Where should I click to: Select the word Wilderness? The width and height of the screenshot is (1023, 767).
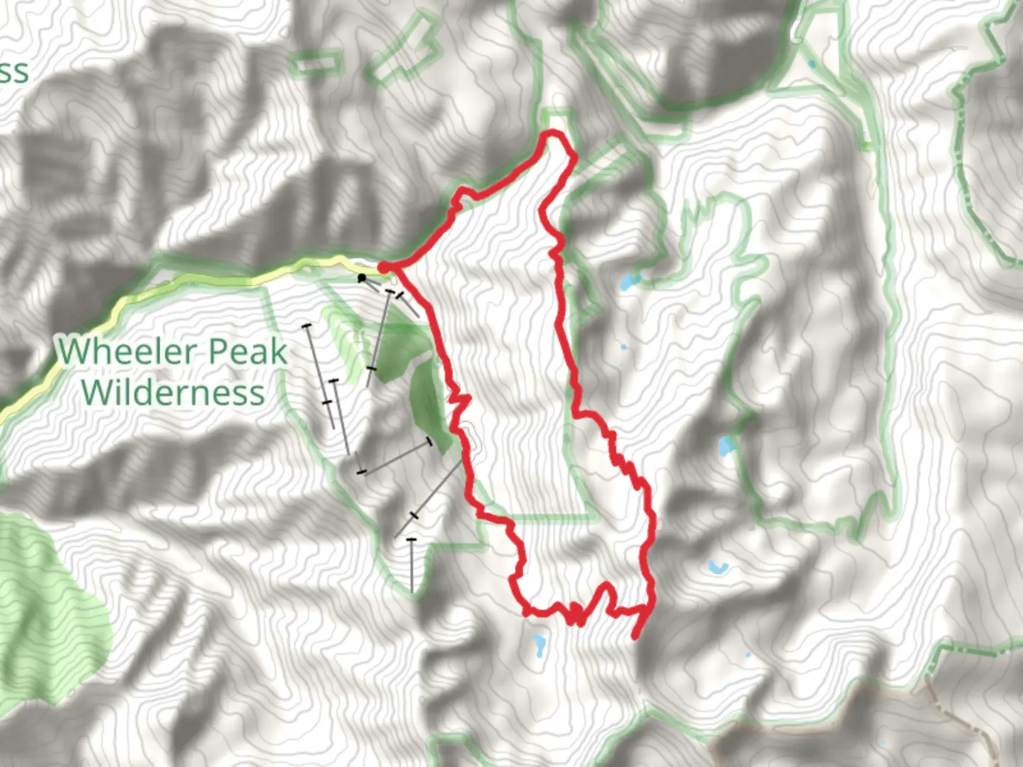(173, 393)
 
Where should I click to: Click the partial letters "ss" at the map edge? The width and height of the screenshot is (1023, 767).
(13, 72)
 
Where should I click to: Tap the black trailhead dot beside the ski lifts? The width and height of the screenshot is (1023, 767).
(362, 278)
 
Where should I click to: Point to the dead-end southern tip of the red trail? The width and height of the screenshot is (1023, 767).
(635, 636)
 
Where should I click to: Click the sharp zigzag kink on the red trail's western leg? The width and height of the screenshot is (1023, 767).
(460, 403)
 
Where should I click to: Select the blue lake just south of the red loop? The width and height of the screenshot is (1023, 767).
(538, 646)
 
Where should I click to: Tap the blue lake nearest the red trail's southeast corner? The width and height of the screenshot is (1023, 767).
(717, 567)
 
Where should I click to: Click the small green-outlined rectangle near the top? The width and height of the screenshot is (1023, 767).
(315, 65)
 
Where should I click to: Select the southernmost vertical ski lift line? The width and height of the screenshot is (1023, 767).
(411, 565)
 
